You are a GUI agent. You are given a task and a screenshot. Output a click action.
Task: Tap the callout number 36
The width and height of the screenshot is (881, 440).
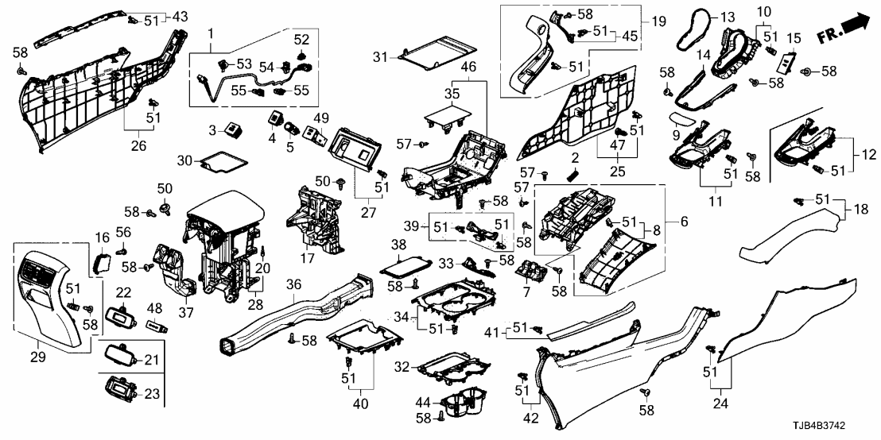pos(293,284)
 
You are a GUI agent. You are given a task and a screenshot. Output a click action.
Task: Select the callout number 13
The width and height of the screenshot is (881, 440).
pos(728,17)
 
